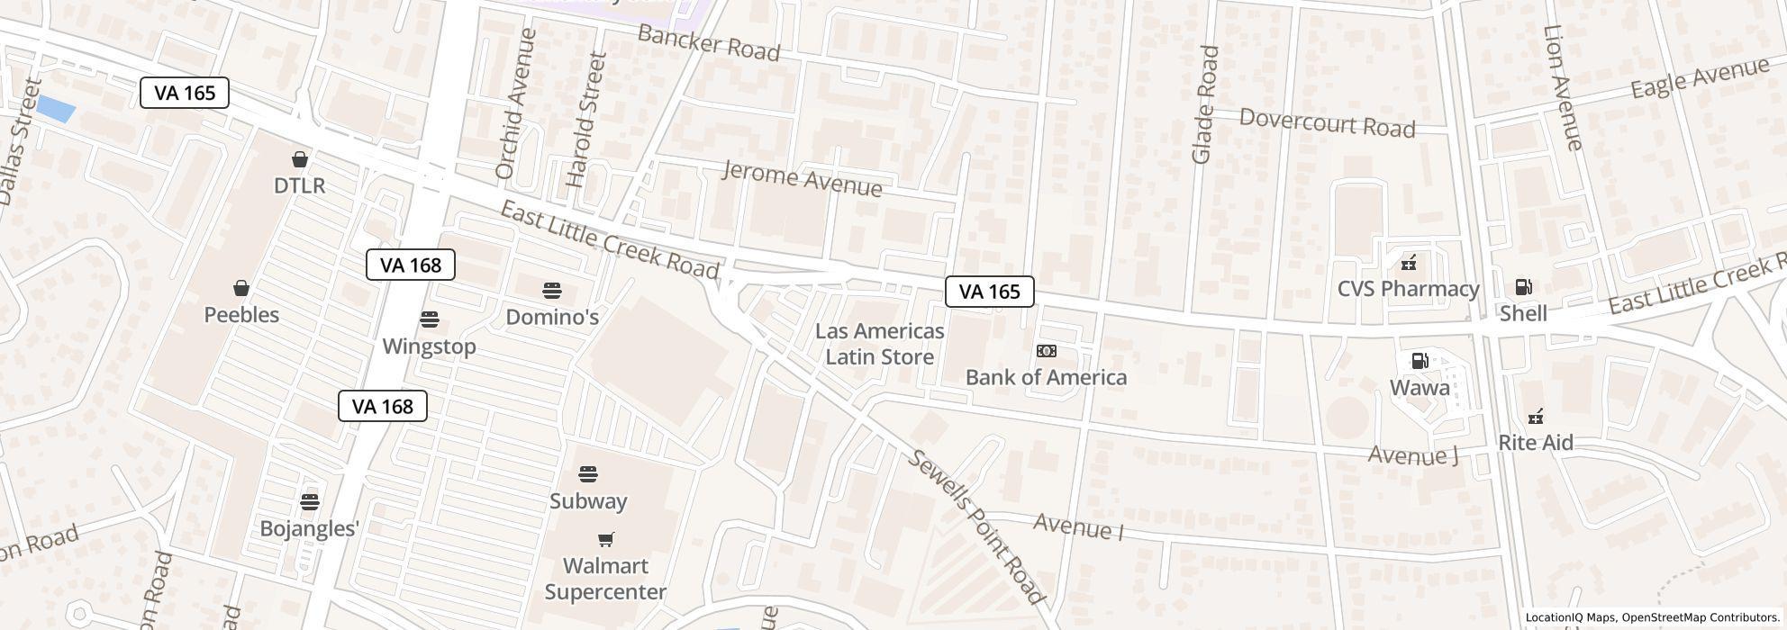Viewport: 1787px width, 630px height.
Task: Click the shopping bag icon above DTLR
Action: (300, 159)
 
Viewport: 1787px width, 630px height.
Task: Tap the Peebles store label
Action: (241, 315)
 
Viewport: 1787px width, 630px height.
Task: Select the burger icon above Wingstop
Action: (429, 319)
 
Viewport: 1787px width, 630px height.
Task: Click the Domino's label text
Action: (552, 317)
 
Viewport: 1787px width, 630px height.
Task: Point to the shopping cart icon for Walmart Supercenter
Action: (606, 539)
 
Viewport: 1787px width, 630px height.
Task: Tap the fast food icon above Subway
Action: (588, 473)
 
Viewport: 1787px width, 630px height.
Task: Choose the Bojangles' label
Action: (309, 528)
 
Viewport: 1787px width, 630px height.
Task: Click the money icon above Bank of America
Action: (1046, 351)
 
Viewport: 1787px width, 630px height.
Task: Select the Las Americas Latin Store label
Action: (879, 344)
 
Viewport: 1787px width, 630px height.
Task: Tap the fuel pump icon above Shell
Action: (1523, 287)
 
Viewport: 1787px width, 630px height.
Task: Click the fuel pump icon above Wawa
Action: (1420, 361)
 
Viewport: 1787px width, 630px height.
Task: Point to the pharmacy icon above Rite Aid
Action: (1536, 417)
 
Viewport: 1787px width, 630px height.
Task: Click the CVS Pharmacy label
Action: (1408, 289)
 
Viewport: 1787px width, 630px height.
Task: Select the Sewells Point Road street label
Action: (976, 526)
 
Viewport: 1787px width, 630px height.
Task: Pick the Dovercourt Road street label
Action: (1327, 122)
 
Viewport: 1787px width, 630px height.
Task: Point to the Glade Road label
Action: (1204, 104)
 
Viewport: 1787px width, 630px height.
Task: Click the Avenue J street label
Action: (1412, 455)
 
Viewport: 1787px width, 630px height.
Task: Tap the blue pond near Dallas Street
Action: (55, 110)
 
